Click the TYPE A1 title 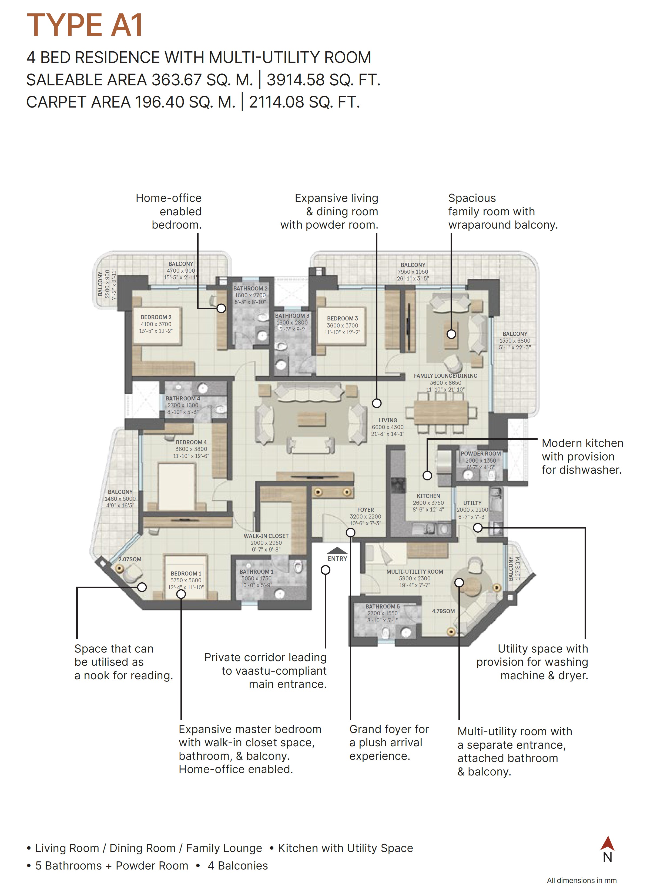85,25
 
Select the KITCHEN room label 428,496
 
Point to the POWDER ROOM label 480,453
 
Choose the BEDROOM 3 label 342,318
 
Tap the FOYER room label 366,510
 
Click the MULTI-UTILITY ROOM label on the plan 414,571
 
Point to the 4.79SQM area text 443,611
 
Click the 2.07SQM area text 130,559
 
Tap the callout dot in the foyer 350,532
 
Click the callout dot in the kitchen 427,476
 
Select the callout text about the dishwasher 582,457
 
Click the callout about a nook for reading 124,662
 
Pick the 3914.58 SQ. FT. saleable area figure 323,80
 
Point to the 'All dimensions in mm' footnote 581,880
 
